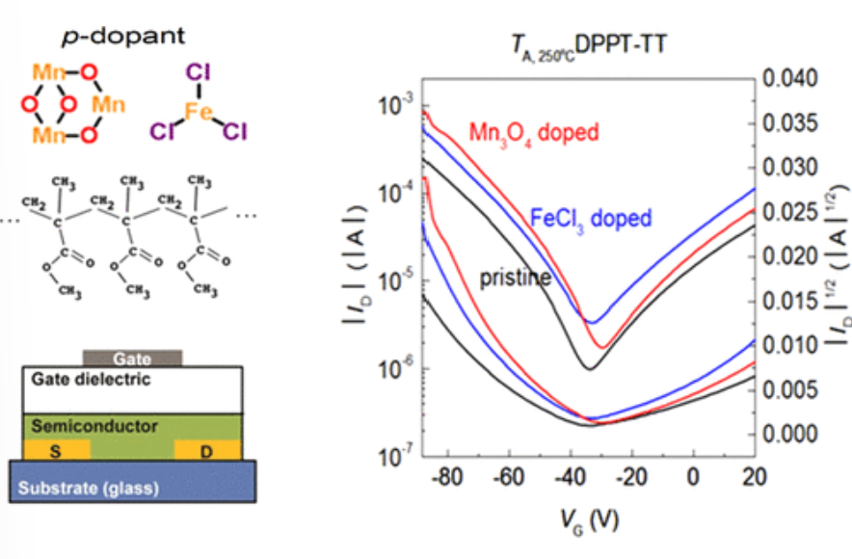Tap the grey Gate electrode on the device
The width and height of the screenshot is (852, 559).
tap(132, 358)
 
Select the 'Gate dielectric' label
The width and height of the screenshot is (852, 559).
tap(91, 380)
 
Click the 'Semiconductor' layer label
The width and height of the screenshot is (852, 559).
tap(95, 425)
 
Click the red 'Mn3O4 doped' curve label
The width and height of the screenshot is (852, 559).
tap(534, 132)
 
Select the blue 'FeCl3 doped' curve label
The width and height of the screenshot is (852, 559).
tap(591, 219)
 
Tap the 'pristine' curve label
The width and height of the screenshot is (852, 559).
tap(515, 278)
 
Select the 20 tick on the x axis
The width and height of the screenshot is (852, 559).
tap(753, 478)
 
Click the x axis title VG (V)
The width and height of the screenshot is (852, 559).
tap(589, 519)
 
